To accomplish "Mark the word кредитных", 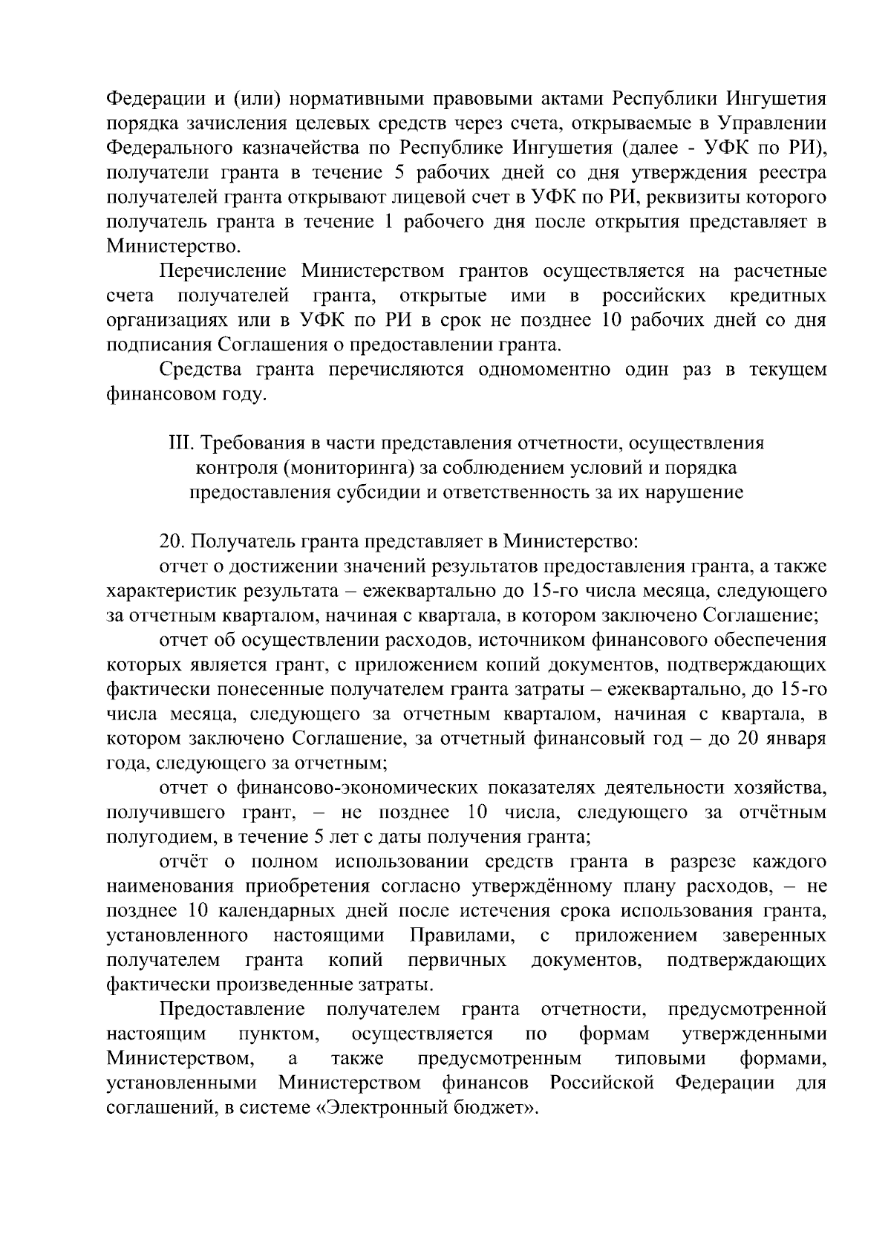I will tap(777, 296).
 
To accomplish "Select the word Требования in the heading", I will tap(251, 443).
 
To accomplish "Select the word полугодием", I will tap(152, 838).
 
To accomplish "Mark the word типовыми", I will tap(660, 1058).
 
